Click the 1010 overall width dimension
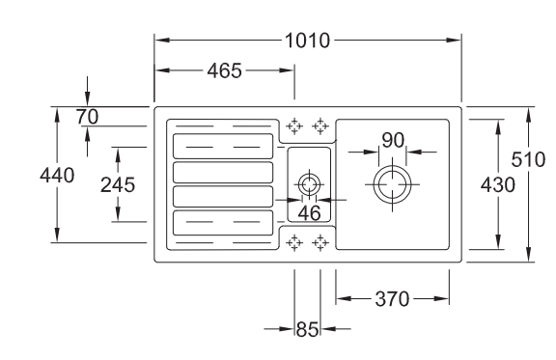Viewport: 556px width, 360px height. (307, 41)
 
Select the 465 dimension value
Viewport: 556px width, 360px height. (225, 70)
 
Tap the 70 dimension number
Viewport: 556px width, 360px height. (87, 117)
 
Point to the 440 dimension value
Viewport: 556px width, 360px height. (57, 176)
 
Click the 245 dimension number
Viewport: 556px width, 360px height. (118, 184)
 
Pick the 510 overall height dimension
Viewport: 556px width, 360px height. (528, 159)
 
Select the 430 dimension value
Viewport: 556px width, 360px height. (498, 184)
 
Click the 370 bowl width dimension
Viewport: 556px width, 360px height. (392, 299)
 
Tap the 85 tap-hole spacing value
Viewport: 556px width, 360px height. (307, 329)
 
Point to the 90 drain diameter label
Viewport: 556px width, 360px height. (393, 140)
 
